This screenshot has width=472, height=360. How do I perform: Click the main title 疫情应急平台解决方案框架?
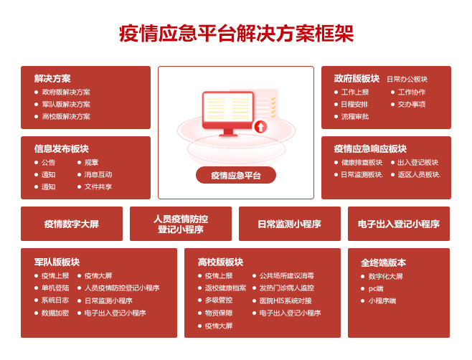click(x=236, y=34)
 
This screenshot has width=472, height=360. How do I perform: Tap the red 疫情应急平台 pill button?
click(x=236, y=175)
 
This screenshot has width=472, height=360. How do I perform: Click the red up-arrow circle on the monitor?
click(x=260, y=126)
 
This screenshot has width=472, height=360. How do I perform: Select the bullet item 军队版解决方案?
click(x=66, y=105)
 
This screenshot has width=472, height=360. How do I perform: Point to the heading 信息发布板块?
click(x=62, y=148)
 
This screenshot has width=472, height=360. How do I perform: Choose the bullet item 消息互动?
click(x=98, y=174)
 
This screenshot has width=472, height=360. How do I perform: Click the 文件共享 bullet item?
click(x=98, y=187)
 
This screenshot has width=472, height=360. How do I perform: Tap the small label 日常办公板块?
click(x=407, y=79)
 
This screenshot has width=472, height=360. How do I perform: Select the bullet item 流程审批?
click(x=355, y=116)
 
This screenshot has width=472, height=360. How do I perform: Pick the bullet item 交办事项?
click(x=412, y=105)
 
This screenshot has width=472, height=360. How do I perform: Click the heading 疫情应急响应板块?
click(x=370, y=148)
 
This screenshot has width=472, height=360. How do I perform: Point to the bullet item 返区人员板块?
click(x=419, y=174)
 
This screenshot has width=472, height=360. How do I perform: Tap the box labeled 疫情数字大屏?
click(x=72, y=224)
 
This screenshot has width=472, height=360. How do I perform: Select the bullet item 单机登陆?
click(x=55, y=288)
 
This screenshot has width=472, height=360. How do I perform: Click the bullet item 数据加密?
click(x=55, y=313)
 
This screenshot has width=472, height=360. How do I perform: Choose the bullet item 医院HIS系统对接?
click(x=285, y=300)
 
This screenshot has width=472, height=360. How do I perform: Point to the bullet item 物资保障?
click(x=219, y=313)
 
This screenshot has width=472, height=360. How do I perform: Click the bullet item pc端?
click(x=376, y=289)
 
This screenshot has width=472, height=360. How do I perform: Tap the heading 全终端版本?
click(x=383, y=262)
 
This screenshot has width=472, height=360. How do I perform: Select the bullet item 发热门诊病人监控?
click(x=287, y=288)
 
